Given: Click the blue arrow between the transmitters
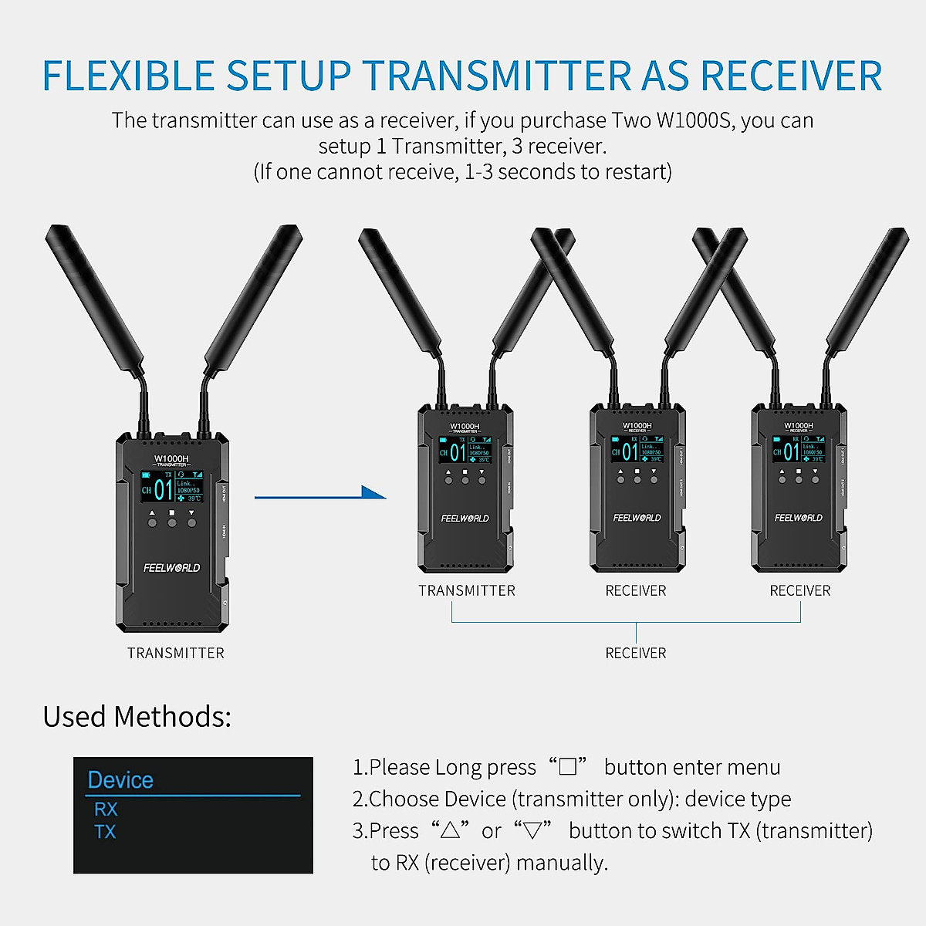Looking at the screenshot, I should click(319, 495).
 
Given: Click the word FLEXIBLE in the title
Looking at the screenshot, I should click(128, 76).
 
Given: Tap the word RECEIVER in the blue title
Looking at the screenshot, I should click(791, 76).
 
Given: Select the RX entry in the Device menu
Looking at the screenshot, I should click(106, 809).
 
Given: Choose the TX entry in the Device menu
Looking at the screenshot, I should click(105, 832).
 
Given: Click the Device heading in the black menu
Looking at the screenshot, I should click(120, 780).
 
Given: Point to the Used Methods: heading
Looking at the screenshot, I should click(137, 717).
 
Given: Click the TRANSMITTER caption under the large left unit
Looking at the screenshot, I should click(176, 653).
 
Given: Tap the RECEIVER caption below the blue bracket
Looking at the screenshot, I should click(636, 653).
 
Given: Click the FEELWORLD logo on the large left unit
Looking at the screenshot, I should click(171, 568).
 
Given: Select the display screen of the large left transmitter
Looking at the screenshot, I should click(171, 488).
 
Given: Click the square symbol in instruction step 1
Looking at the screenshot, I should click(568, 767).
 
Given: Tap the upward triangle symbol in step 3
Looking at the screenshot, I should click(451, 830).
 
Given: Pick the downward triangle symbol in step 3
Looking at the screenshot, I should click(533, 830).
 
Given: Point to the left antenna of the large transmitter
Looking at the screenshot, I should click(93, 301).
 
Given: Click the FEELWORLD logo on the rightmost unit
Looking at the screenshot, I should click(798, 518).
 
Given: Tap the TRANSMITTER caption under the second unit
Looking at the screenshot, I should click(467, 590).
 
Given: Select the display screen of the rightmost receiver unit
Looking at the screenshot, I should click(798, 451).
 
